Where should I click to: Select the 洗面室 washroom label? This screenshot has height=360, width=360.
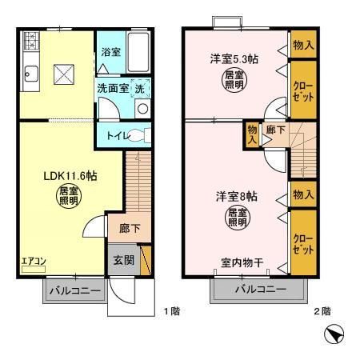pos(113,87)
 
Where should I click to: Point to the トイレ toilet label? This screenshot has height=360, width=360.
pos(113,135)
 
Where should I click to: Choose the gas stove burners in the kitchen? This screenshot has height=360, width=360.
pos(30,42)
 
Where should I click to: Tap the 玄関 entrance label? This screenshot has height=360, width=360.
pos(122,260)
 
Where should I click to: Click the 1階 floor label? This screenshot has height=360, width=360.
pos(171,310)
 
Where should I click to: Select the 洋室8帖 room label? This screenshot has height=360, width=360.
pos(235,195)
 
